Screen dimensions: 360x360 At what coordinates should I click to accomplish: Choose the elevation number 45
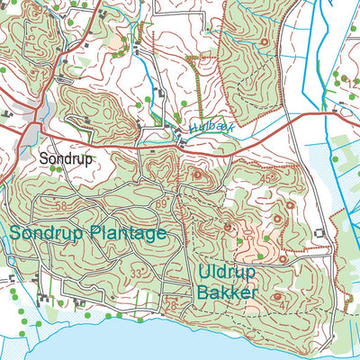click(265, 178)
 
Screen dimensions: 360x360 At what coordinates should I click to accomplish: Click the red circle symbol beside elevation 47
click(276, 295)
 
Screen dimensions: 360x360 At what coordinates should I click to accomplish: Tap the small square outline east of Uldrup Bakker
click(320, 236)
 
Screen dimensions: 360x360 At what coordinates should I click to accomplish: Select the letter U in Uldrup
click(202, 272)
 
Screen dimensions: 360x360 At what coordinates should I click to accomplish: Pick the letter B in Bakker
click(202, 292)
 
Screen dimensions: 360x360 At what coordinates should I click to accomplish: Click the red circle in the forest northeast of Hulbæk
click(264, 42)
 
